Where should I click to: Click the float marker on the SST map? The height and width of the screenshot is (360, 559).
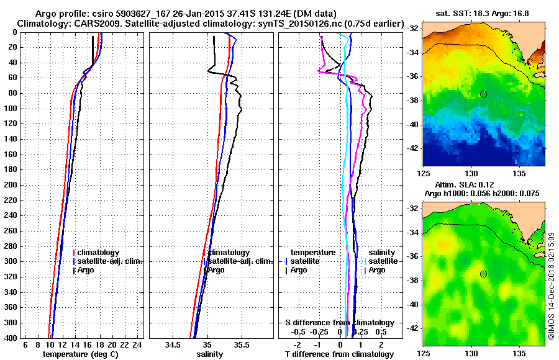[483, 94]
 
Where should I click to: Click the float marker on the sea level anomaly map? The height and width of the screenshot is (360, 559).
[483, 274]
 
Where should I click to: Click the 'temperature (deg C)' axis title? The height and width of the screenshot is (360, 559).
[80, 354]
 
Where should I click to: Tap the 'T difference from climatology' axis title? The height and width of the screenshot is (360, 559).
[339, 354]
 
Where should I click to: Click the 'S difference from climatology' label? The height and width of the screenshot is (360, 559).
[339, 323]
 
